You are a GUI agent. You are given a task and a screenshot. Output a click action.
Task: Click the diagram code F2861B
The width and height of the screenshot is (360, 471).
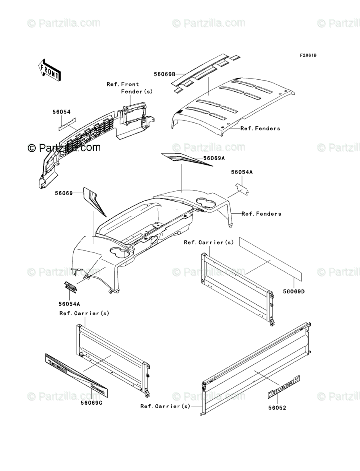coord(308,55)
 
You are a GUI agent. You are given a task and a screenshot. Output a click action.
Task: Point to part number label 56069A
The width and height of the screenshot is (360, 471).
coord(214,158)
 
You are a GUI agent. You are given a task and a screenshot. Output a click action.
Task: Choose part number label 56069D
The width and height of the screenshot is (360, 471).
coord(294,291)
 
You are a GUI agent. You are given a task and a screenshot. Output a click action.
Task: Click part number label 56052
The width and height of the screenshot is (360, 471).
coord(277,408)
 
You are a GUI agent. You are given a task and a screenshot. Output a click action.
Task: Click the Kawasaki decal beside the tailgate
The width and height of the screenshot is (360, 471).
coord(284,387)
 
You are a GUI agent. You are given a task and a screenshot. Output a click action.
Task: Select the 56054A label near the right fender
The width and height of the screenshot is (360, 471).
coord(242,172)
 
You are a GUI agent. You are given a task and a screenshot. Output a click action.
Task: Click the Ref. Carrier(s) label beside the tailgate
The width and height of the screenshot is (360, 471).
coord(165,407)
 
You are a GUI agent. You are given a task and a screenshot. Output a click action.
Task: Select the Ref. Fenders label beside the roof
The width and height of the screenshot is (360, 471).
coord(260,128)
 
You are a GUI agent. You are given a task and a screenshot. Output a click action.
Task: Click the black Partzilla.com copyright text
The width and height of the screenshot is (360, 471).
coord(64,148)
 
